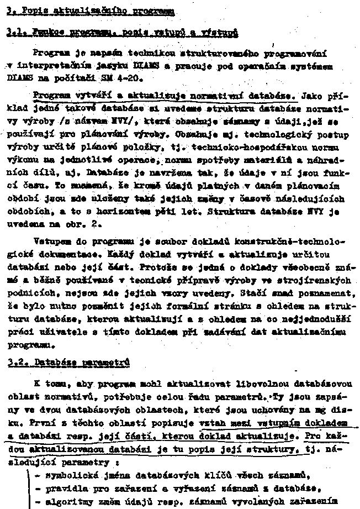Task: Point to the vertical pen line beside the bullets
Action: click(x=28, y=486)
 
